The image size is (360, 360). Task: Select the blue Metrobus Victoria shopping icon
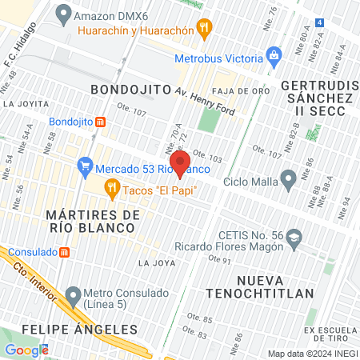tap(274, 57)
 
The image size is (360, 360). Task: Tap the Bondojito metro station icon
tap(101, 122)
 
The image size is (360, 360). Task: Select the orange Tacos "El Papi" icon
tap(112, 190)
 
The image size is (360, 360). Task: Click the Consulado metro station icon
tap(65, 251)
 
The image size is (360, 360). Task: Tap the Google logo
tap(26, 350)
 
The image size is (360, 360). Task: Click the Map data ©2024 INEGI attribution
tap(312, 354)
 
